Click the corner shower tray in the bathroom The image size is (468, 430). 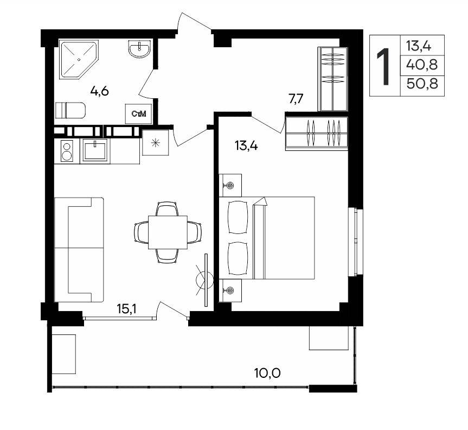coord(79,60)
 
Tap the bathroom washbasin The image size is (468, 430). coord(139,48)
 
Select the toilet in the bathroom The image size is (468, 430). coord(70,110)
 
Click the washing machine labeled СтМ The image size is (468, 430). coord(138,113)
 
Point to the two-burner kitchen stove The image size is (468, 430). coord(67,151)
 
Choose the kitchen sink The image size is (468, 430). coord(95,150)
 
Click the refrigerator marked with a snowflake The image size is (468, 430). coord(156,143)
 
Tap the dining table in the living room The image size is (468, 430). coord(168,232)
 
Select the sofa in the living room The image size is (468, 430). coord(79,250)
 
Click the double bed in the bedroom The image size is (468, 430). coord(267,238)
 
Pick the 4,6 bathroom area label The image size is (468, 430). coord(100,91)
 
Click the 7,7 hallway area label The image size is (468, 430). coord(296,99)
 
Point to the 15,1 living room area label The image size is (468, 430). coord(126,309)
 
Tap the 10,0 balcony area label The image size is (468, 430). coord(267,372)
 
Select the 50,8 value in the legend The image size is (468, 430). coord(422,84)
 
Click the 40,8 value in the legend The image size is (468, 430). coord(422,65)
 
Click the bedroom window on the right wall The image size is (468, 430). coord(356,242)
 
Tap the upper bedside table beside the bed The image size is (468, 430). coord(230,185)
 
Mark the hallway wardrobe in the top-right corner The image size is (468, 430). coord(333,79)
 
